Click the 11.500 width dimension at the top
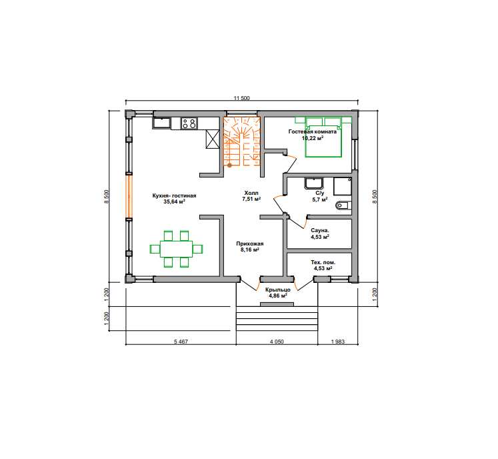(242, 98)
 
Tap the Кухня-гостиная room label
(175, 199)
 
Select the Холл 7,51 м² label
(251, 196)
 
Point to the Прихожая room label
(249, 247)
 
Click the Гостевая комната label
(313, 135)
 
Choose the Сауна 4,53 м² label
(320, 234)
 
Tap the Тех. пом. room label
(323, 266)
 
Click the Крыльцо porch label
(278, 293)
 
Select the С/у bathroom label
(320, 196)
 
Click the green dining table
(176, 249)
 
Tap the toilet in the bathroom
(343, 205)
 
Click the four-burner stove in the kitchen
(189, 123)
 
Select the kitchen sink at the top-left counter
(161, 123)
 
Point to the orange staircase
(242, 141)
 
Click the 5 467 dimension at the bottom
(181, 342)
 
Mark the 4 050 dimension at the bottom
(277, 342)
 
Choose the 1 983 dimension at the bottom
(338, 342)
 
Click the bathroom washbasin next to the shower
(314, 183)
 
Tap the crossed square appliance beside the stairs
(212, 139)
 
